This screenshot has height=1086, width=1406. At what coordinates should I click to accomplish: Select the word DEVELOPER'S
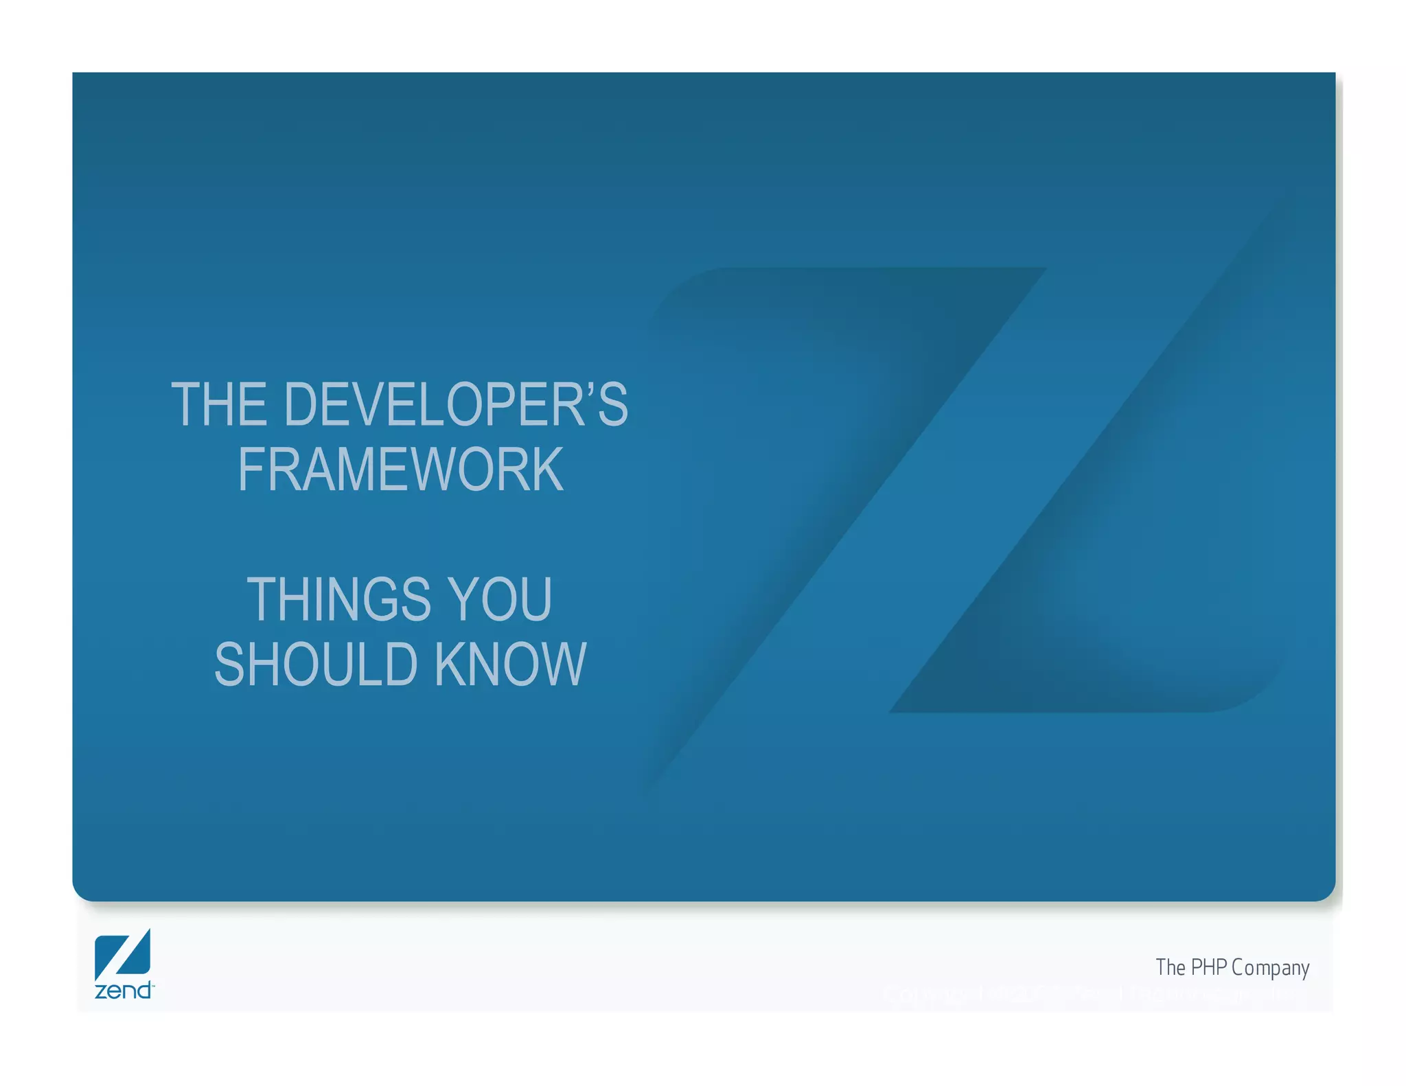coord(455,404)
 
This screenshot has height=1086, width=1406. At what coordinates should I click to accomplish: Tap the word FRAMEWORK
coord(400,470)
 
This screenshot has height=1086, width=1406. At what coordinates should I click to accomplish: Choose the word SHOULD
coord(316,665)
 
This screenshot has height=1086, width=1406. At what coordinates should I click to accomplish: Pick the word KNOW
coord(510,665)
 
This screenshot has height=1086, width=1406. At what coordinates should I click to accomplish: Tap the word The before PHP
coord(1171,967)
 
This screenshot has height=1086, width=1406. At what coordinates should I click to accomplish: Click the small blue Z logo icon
coord(123,954)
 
